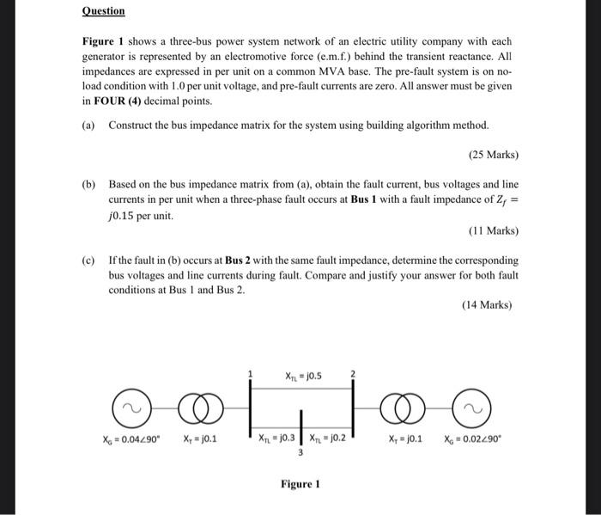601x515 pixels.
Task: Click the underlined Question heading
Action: tap(103, 11)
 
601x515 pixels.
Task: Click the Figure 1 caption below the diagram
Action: tap(300, 484)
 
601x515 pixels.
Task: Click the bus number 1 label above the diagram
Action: tap(251, 374)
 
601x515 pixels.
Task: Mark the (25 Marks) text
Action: tap(493, 155)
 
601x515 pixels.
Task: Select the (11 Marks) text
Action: tap(493, 230)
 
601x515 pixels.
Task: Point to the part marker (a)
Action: tap(88, 126)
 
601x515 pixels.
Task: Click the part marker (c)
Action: tap(88, 260)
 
